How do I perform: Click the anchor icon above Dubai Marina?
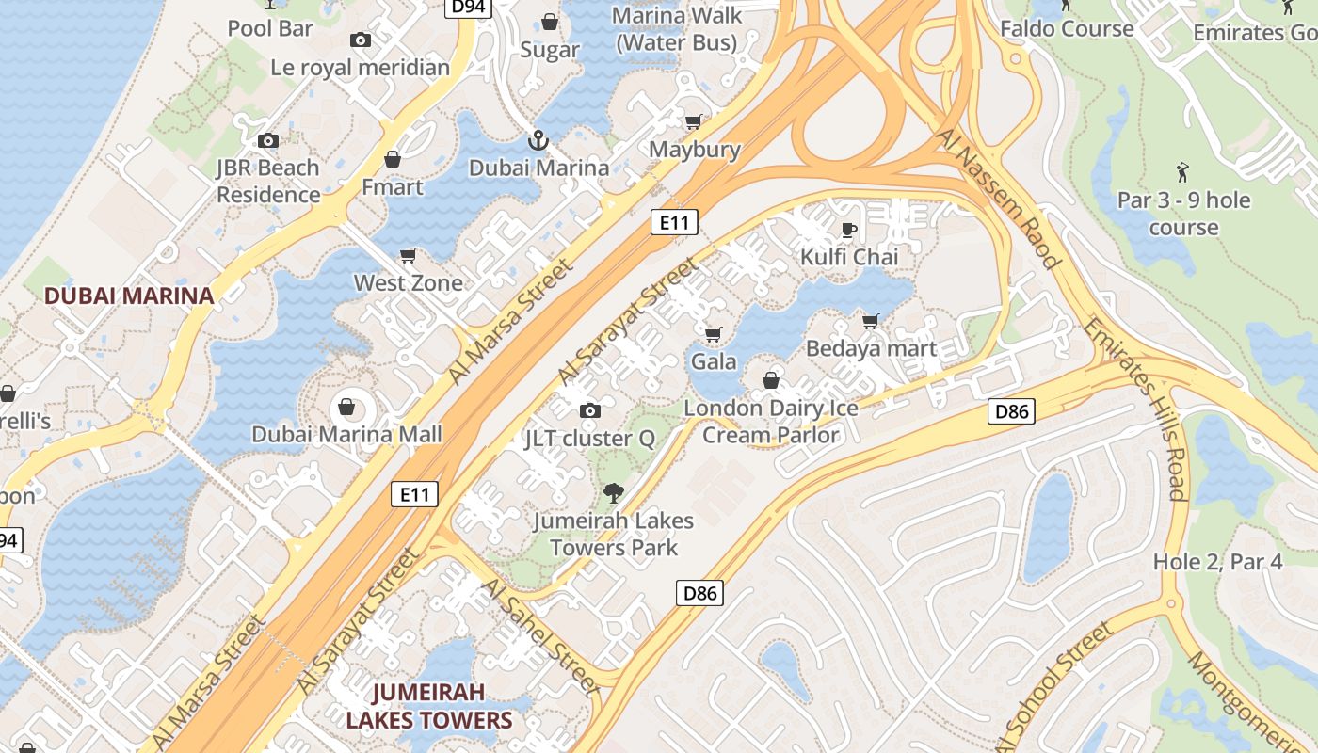click(538, 141)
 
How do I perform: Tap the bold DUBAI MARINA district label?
click(129, 296)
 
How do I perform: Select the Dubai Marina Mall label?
click(346, 435)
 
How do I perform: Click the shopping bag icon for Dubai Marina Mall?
click(346, 407)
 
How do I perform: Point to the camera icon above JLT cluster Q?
click(590, 410)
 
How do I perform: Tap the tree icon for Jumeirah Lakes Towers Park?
click(613, 492)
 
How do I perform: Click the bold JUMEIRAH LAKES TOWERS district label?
click(428, 706)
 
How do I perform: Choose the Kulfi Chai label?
click(849, 257)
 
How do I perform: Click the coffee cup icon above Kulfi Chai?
click(848, 230)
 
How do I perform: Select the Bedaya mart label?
click(872, 348)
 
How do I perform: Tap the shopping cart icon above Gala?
click(713, 334)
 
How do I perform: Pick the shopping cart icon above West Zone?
click(409, 256)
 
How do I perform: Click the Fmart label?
click(393, 186)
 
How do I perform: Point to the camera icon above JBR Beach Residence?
click(268, 141)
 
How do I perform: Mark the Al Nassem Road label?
click(999, 199)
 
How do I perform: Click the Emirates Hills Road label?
click(1133, 408)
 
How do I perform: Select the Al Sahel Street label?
click(539, 637)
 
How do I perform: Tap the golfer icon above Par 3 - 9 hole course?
click(1183, 172)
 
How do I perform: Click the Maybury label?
click(695, 150)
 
